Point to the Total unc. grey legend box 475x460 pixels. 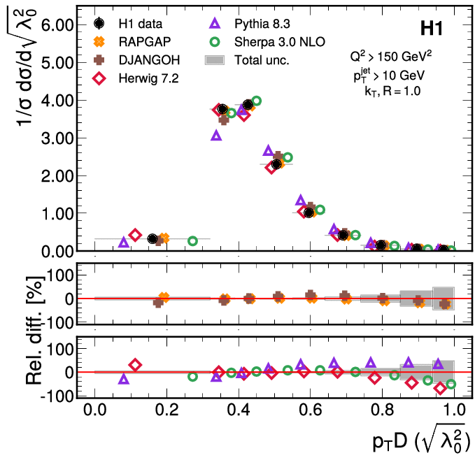tap(215, 61)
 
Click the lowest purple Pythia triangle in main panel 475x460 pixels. tap(124, 242)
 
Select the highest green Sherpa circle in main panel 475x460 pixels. tap(256, 101)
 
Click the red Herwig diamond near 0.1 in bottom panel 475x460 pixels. tap(135, 365)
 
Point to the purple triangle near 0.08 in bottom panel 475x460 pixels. tap(124, 379)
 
